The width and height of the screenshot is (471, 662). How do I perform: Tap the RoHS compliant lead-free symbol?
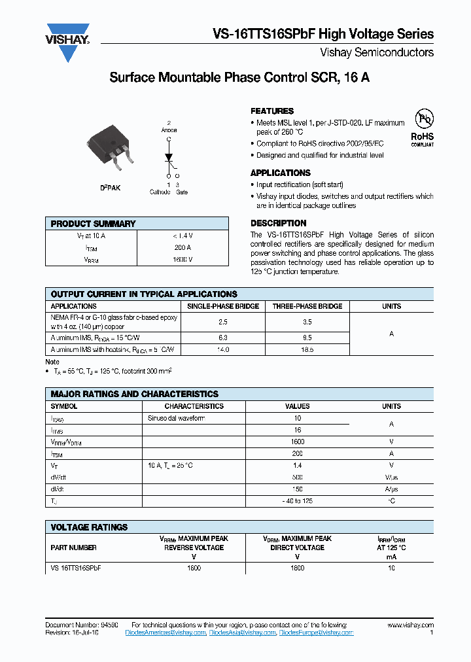coord(422,126)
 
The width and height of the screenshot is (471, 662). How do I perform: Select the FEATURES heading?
coord(272,111)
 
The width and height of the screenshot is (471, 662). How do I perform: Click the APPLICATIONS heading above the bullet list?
coord(281,173)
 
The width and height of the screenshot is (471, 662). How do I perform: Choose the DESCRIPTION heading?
coord(279,223)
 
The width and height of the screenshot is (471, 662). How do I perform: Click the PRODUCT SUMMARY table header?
coord(93,224)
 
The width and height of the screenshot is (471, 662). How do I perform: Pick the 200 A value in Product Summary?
coord(183,248)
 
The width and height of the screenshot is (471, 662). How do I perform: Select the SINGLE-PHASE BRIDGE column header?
coord(223,306)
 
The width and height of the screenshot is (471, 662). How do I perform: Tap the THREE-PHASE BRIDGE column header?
coord(307,306)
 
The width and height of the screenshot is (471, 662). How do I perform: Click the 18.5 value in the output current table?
coord(307,350)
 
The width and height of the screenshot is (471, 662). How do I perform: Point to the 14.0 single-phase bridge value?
coord(223,350)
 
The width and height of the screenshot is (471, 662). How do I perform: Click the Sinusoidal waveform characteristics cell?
coord(177,418)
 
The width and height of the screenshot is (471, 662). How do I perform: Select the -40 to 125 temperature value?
coord(298,500)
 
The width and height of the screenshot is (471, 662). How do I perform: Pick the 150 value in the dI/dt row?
coord(298,489)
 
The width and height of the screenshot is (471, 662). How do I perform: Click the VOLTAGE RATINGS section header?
coord(89,527)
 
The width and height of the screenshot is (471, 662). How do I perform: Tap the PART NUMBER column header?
coord(73,548)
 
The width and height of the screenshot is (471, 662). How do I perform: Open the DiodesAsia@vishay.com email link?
coord(242,633)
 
